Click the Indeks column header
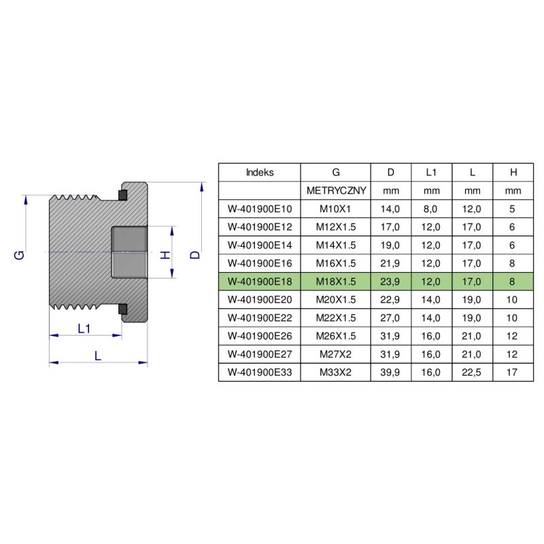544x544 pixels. [x=259, y=173]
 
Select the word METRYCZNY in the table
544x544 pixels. [x=336, y=191]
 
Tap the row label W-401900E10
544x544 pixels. [x=259, y=209]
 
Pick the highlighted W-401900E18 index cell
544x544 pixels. [x=259, y=282]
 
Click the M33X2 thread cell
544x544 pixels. [x=336, y=373]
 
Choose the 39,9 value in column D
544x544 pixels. [x=390, y=373]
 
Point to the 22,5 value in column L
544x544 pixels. [x=472, y=373]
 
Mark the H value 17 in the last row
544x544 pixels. [x=512, y=373]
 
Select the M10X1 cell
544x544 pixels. [x=336, y=209]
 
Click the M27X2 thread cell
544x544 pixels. [x=336, y=354]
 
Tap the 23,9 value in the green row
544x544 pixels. [x=390, y=282]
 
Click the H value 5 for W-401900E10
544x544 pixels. [x=512, y=209]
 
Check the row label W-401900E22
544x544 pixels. [x=259, y=318]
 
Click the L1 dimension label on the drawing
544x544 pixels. [x=84, y=328]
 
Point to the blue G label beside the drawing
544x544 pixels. [x=20, y=254]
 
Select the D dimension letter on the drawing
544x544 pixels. [x=195, y=254]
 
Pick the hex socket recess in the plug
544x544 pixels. [x=129, y=252]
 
